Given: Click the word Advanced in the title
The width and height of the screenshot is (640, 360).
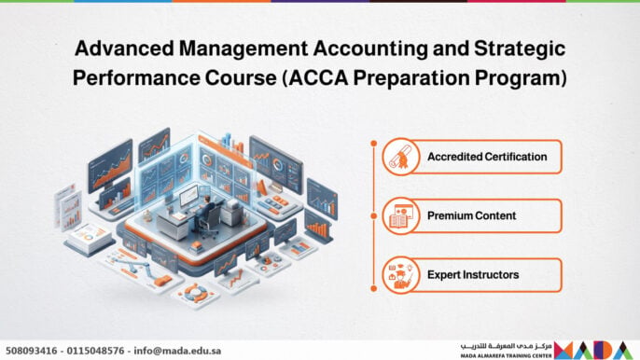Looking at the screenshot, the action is click(124, 48).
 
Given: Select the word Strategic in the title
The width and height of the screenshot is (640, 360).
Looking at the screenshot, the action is click(520, 49).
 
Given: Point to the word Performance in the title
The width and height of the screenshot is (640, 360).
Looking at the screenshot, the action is click(136, 78).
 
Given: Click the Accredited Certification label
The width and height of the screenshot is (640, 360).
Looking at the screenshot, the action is click(487, 157).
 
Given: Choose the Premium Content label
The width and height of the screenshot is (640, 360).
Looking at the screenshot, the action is click(471, 215).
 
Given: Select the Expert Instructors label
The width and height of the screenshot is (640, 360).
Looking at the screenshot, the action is click(473, 275).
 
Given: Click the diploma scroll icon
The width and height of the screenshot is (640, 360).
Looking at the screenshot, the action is click(400, 157).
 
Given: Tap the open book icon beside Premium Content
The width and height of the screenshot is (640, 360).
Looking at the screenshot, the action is click(400, 216).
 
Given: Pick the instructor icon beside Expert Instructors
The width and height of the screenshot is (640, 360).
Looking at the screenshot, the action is click(400, 275).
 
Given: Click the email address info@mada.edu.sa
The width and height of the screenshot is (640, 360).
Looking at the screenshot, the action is click(177, 351).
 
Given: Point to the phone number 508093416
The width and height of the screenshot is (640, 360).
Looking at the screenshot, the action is click(32, 351).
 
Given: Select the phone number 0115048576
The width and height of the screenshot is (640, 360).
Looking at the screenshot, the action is click(95, 351).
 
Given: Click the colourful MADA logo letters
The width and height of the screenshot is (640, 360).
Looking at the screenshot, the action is click(594, 350).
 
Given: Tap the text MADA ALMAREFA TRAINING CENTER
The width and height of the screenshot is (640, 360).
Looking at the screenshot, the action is click(506, 356).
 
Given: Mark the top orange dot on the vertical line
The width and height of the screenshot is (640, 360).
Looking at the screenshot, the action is click(373, 144).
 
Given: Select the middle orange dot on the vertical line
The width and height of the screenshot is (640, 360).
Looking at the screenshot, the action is click(373, 216).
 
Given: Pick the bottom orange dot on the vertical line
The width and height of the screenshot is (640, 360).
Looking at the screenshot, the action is click(373, 288).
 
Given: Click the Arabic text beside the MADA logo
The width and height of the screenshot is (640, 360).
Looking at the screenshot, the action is click(506, 347).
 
